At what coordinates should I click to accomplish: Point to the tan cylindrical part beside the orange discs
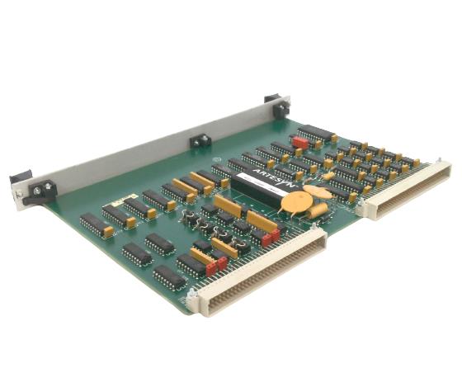(x=316, y=211)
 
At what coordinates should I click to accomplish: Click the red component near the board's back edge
(x=300, y=142)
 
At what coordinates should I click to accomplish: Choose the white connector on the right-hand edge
(x=408, y=189)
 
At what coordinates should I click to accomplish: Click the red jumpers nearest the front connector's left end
(x=216, y=266)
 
